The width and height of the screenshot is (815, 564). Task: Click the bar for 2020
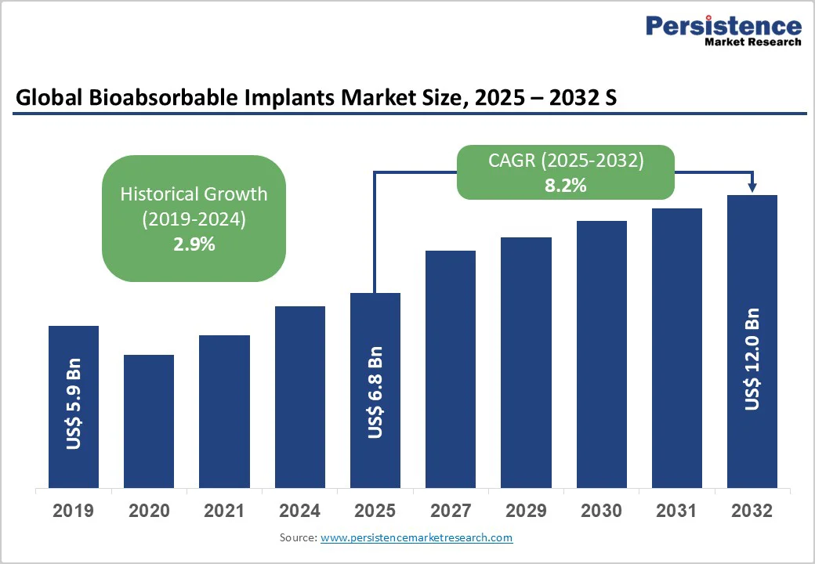click(x=149, y=421)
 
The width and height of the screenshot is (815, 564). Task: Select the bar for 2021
click(x=224, y=411)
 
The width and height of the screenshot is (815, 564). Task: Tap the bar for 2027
click(x=451, y=368)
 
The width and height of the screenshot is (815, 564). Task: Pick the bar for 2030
click(x=602, y=353)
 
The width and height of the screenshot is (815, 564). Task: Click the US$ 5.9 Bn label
click(x=74, y=404)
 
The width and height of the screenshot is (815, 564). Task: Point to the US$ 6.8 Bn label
click(x=375, y=392)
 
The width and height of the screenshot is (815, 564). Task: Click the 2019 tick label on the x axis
click(x=74, y=512)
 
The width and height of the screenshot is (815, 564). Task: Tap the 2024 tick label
click(x=300, y=512)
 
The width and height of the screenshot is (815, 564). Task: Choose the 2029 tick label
click(x=526, y=512)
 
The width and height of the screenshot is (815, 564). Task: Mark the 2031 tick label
click(x=677, y=512)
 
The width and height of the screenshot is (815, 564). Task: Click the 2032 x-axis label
click(x=752, y=512)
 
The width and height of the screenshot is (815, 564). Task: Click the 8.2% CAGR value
click(x=567, y=186)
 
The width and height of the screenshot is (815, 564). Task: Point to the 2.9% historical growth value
click(x=194, y=244)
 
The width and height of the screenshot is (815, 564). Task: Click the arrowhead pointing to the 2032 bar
click(x=752, y=187)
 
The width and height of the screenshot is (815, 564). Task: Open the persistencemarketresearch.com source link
click(x=416, y=538)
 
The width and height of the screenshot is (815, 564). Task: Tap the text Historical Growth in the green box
click(x=194, y=193)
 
